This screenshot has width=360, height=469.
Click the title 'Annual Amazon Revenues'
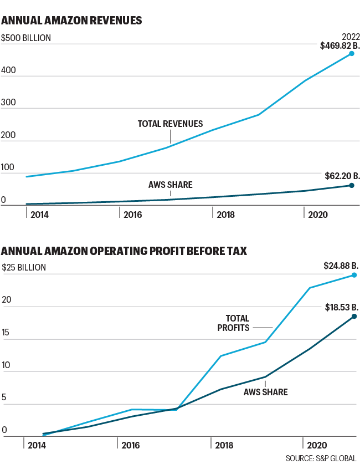72,21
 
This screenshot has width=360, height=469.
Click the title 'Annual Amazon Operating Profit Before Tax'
125,252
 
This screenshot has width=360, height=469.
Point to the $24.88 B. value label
340,266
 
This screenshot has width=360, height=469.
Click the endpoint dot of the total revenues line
351,54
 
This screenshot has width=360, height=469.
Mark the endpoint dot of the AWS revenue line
351,185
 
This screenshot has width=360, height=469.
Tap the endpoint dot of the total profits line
354,275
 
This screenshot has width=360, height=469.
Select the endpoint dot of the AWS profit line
354,317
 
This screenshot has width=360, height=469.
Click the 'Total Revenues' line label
170,124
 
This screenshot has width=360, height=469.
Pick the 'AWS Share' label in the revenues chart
170,185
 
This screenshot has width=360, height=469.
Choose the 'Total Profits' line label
237,323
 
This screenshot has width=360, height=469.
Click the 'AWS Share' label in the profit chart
265,392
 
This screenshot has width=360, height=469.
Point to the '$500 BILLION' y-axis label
27,38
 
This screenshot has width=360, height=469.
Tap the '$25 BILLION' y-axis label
24,267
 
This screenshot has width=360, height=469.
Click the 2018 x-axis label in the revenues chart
226,214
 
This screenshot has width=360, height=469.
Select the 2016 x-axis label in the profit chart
131,445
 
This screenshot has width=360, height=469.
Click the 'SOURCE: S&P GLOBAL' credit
321,458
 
